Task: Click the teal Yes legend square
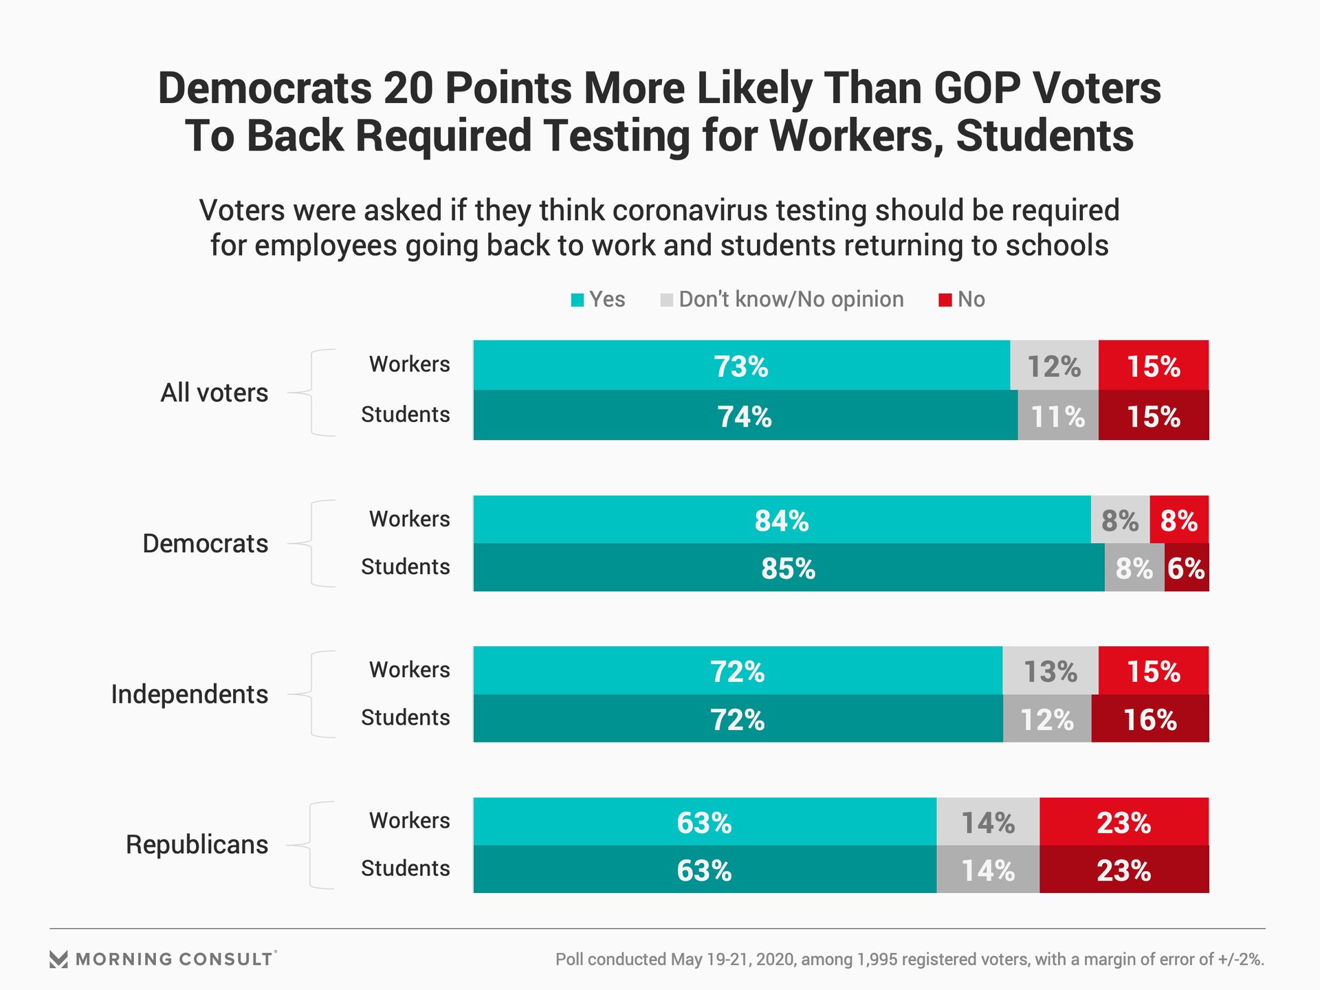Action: (x=577, y=300)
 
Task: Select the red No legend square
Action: (x=945, y=300)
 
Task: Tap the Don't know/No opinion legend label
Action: (x=791, y=300)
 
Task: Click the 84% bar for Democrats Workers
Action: (x=782, y=520)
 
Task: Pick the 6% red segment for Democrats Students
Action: (x=1186, y=569)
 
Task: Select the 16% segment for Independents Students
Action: (x=1149, y=719)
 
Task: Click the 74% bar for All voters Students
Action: (x=745, y=416)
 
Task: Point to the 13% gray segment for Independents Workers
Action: (x=1050, y=671)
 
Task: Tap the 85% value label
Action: (x=788, y=569)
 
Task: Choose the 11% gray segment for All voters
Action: (x=1057, y=416)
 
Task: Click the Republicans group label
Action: (x=197, y=844)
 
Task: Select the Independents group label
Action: (x=189, y=694)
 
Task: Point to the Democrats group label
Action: (x=205, y=544)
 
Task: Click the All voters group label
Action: (x=214, y=393)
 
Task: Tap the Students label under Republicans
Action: (x=405, y=868)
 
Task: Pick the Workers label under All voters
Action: (x=409, y=364)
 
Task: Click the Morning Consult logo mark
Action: (x=59, y=960)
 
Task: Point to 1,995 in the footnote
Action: (x=877, y=960)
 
